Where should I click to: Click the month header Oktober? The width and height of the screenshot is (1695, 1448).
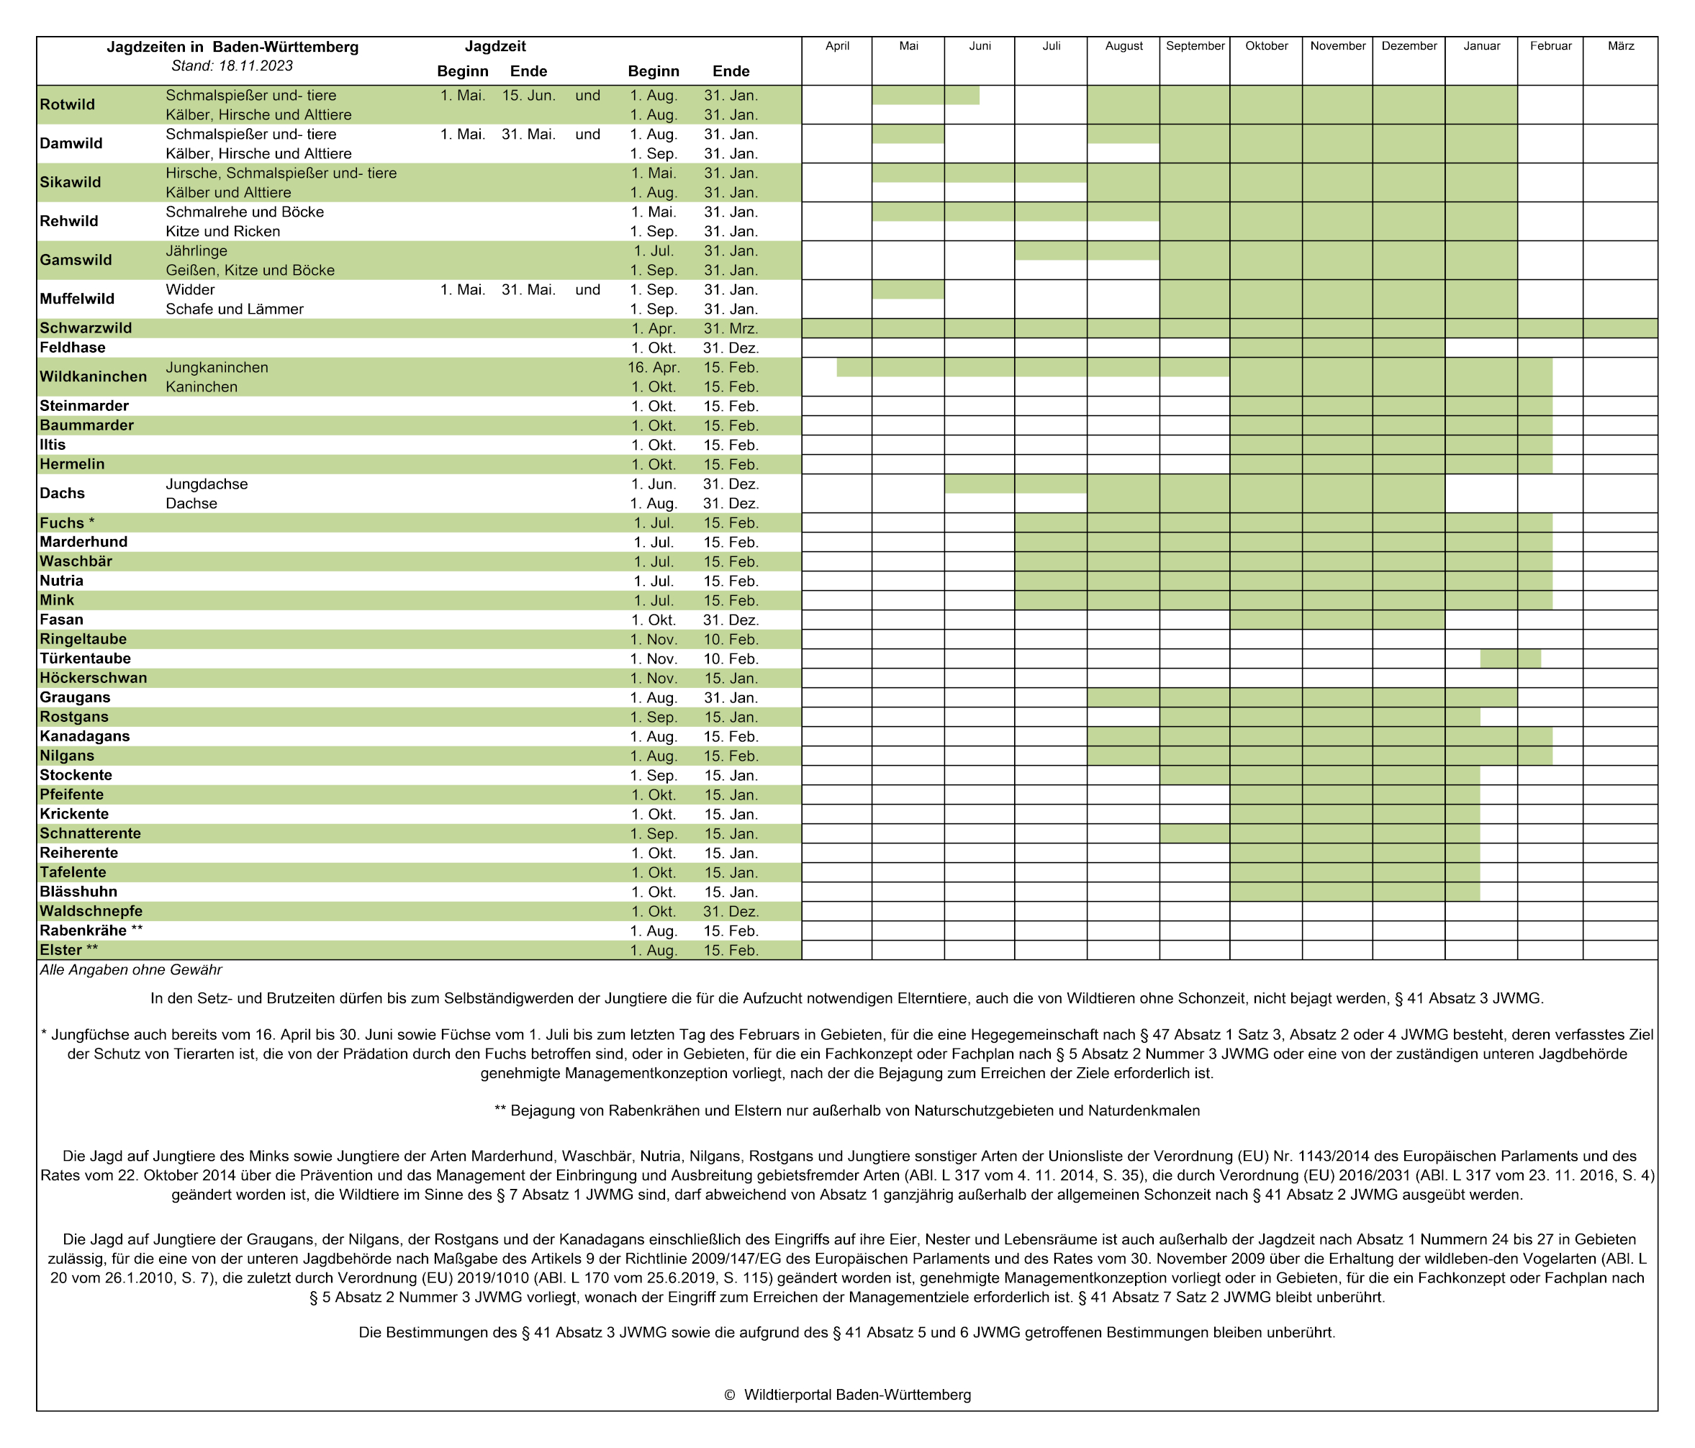1266,46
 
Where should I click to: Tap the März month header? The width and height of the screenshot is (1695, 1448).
1621,46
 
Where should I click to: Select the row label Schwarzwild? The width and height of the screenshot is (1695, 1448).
86,328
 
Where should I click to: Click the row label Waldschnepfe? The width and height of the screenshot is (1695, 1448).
91,911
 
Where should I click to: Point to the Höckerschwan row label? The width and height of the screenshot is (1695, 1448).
94,678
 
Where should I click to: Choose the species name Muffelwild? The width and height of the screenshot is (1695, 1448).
77,299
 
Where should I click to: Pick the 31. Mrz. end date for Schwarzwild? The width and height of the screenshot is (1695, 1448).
731,329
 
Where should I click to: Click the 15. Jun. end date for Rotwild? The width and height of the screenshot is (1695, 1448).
528,96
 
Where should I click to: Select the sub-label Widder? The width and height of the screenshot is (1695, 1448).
190,289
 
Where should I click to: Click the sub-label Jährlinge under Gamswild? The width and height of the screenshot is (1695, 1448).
196,251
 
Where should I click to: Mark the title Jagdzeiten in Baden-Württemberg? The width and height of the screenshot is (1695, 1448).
232,47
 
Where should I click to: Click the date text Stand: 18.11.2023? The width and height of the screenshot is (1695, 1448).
232,66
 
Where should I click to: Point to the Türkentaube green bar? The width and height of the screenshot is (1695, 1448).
1510,659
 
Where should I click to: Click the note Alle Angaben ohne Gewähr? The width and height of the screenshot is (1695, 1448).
131,970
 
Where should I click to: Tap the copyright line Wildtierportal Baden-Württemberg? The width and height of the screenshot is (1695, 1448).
848,1395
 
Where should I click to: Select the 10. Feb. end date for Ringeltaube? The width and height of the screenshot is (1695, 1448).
731,640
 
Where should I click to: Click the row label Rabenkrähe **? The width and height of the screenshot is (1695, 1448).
91,931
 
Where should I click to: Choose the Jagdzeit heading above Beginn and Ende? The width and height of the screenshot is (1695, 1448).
495,47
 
